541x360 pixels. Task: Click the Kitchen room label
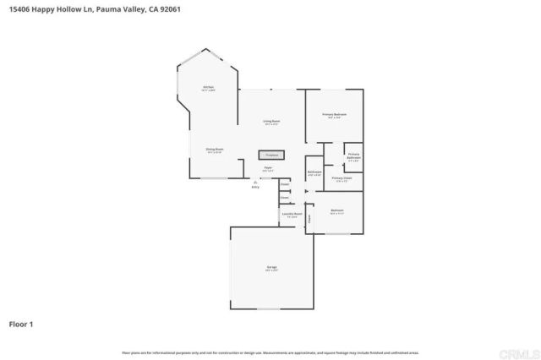click(x=208, y=88)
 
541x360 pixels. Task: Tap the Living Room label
click(x=271, y=123)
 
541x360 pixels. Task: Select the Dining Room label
click(x=214, y=150)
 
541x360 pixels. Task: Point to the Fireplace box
click(x=272, y=155)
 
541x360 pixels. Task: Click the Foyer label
click(x=267, y=169)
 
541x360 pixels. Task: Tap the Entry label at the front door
click(x=255, y=185)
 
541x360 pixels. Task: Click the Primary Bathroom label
click(x=353, y=156)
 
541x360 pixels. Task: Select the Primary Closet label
click(x=342, y=179)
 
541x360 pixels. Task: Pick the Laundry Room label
click(x=292, y=215)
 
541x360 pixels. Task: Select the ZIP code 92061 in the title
click(x=167, y=8)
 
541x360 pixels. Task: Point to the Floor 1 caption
click(x=21, y=324)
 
